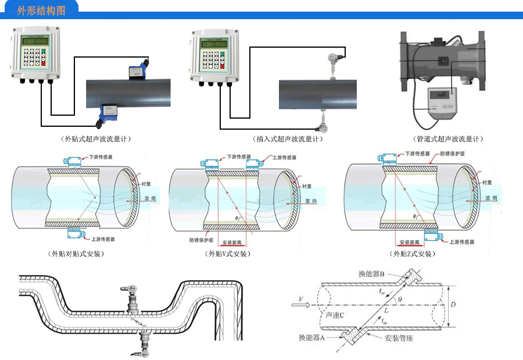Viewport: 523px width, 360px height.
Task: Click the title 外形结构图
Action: click(41, 10)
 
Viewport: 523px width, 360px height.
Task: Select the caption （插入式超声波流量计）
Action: click(288, 140)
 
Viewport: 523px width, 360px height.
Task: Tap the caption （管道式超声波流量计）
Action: click(449, 140)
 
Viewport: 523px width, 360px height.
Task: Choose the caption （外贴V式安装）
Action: click(228, 254)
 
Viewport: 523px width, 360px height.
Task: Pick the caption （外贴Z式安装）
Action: click(413, 254)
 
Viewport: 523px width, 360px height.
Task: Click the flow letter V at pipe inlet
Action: click(300, 300)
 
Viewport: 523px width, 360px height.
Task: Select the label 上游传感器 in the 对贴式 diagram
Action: click(103, 239)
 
